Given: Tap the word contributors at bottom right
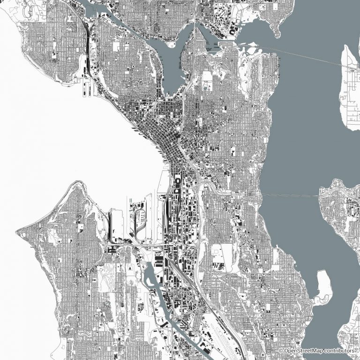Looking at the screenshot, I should (x=340, y=351).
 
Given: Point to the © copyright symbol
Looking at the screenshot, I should (x=281, y=351).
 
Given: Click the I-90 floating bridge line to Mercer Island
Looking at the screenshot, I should (x=291, y=195).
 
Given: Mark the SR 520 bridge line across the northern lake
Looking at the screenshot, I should (x=300, y=56).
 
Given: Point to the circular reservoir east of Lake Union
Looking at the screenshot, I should (x=206, y=87).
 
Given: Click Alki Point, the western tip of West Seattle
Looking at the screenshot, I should (x=19, y=231).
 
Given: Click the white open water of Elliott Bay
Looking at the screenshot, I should (x=94, y=155).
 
